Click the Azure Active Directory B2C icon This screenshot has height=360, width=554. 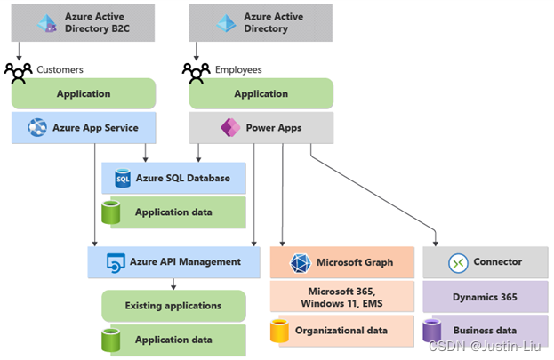(x=47, y=23)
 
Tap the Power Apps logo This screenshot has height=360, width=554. (x=230, y=127)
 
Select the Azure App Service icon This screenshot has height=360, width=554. (x=37, y=127)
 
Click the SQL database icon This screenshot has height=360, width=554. (x=123, y=178)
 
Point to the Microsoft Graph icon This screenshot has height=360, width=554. (x=301, y=263)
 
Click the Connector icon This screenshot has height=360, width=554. (x=458, y=263)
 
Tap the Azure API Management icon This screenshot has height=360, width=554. (x=116, y=263)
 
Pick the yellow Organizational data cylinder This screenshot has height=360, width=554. (x=279, y=331)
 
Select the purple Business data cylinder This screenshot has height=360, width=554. (x=432, y=331)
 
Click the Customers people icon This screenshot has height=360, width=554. (x=19, y=74)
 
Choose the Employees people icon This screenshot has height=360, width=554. (x=197, y=74)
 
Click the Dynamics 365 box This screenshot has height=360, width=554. (x=486, y=297)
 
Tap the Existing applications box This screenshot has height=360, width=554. (x=173, y=306)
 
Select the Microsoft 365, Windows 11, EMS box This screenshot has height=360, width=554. (x=342, y=297)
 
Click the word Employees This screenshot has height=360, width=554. (x=238, y=69)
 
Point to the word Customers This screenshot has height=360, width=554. (x=60, y=69)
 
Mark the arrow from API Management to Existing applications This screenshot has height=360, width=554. (x=173, y=284)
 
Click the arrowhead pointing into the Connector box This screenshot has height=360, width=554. (x=436, y=244)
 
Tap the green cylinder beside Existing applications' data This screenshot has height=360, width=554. (x=110, y=340)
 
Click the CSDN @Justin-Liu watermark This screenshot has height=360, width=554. (x=485, y=346)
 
